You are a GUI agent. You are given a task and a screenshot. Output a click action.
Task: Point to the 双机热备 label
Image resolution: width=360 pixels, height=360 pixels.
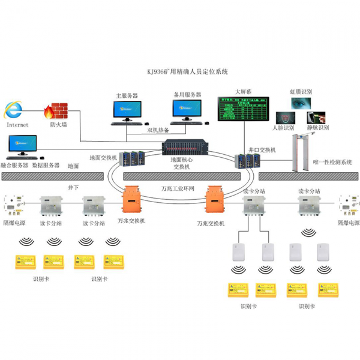point(158,129)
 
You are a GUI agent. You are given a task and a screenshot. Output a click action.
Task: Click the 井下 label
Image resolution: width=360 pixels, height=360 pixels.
point(73,187)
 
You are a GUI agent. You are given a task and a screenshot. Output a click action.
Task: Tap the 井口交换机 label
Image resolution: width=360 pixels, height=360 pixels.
point(262,149)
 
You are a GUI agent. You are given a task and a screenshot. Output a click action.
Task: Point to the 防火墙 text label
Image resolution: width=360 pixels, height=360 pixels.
point(58,125)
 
